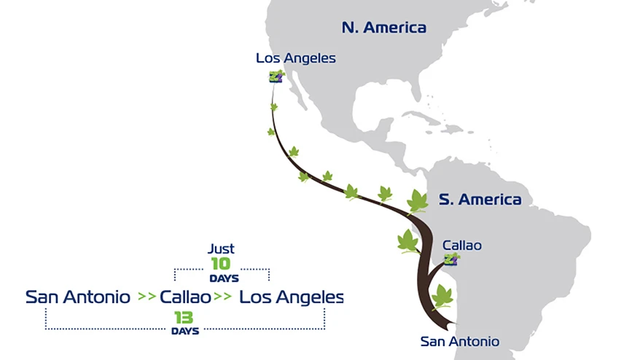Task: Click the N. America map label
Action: [x=383, y=28]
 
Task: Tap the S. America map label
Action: [x=480, y=199]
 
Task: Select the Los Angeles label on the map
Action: [x=296, y=58]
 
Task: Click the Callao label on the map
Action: [x=462, y=246]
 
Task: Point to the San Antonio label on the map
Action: [x=460, y=341]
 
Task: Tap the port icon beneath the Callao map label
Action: [x=453, y=259]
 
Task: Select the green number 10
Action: [x=221, y=264]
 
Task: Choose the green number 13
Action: [x=183, y=318]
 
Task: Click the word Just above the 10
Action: [x=221, y=249]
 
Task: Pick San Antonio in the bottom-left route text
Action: [x=78, y=297]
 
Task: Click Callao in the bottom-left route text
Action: [x=185, y=297]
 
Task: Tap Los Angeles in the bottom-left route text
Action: [x=292, y=297]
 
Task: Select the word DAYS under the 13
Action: [x=185, y=332]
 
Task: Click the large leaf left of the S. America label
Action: [x=418, y=200]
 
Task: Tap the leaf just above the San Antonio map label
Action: [x=442, y=297]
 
